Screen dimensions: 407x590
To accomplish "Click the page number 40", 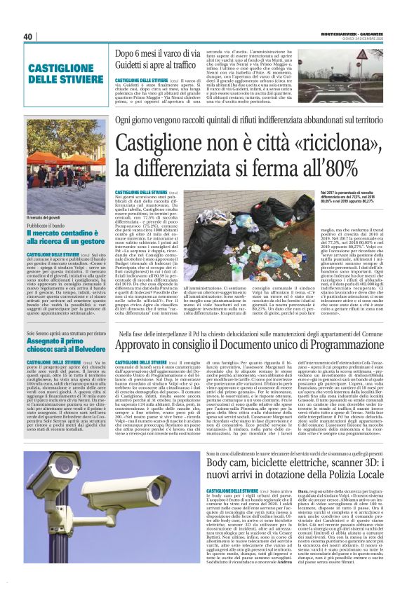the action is pos(29,36).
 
